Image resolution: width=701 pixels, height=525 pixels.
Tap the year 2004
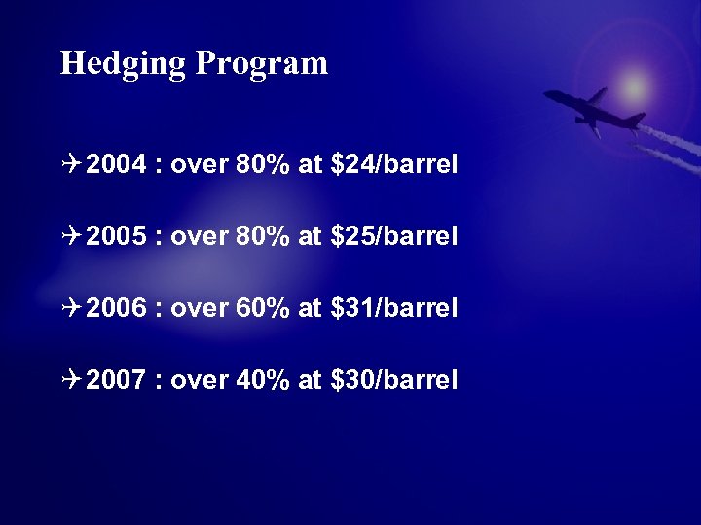(116, 165)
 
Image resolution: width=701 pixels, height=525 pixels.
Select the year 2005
(116, 237)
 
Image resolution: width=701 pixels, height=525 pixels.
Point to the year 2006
(116, 308)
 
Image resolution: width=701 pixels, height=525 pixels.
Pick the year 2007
(116, 380)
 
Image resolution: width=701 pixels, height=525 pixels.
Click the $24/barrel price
(394, 165)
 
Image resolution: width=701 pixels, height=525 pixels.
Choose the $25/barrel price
(394, 237)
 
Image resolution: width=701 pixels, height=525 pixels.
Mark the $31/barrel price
(394, 308)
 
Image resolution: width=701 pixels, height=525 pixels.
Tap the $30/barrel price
(394, 380)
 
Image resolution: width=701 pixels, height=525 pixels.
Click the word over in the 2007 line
(199, 380)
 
